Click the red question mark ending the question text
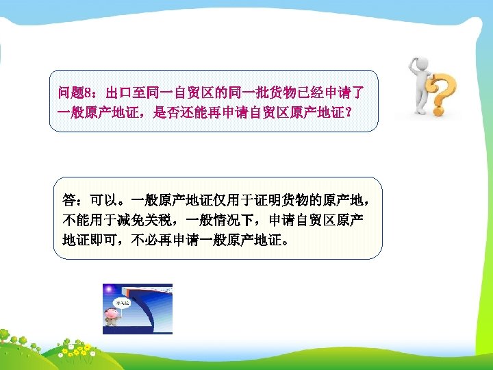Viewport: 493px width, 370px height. [350, 112]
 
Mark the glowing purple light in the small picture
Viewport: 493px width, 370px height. [108, 291]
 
